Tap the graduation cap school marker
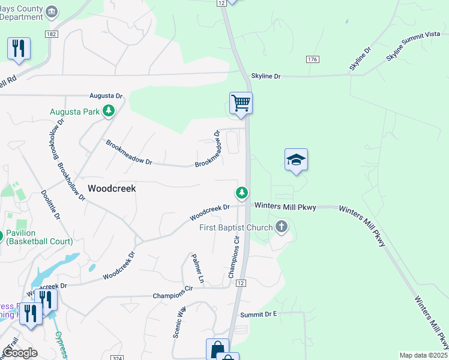click(296, 160)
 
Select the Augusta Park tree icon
click(108, 110)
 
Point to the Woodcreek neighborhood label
click(112, 188)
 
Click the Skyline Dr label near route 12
click(266, 76)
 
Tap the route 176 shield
click(311, 59)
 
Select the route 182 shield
click(51, 35)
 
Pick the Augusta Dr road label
click(106, 95)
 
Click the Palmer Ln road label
click(197, 269)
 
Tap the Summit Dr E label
click(259, 314)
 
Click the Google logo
click(20, 353)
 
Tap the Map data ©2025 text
click(423, 355)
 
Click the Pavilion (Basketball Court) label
click(39, 237)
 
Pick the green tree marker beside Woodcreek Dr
click(241, 193)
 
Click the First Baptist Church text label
click(236, 228)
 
